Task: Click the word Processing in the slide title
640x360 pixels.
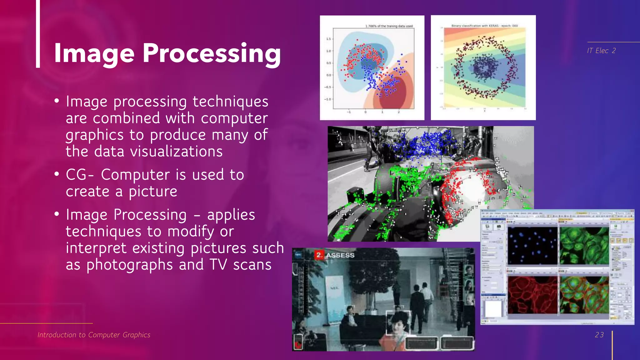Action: [212, 54]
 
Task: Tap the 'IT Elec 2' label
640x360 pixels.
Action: [601, 51]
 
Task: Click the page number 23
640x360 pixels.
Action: [599, 335]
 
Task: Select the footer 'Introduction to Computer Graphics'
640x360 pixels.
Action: [94, 335]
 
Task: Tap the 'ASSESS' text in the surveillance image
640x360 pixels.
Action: [340, 255]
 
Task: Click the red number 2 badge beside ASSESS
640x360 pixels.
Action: [319, 255]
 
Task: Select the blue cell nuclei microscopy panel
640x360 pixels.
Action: [532, 246]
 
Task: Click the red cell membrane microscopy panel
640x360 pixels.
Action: [532, 295]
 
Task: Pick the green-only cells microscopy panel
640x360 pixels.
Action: [584, 246]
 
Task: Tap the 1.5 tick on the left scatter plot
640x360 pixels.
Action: [328, 39]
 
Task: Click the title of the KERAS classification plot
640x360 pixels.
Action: [484, 26]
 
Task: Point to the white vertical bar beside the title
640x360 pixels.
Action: [38, 34]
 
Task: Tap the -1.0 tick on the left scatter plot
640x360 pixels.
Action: [327, 99]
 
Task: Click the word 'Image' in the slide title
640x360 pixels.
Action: [94, 54]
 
